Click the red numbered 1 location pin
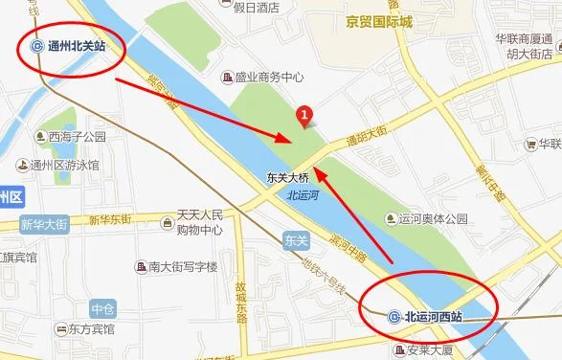coord(304,116)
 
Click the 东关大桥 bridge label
coord(287,177)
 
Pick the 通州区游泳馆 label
coord(64,165)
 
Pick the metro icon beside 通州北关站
coord(35,46)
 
